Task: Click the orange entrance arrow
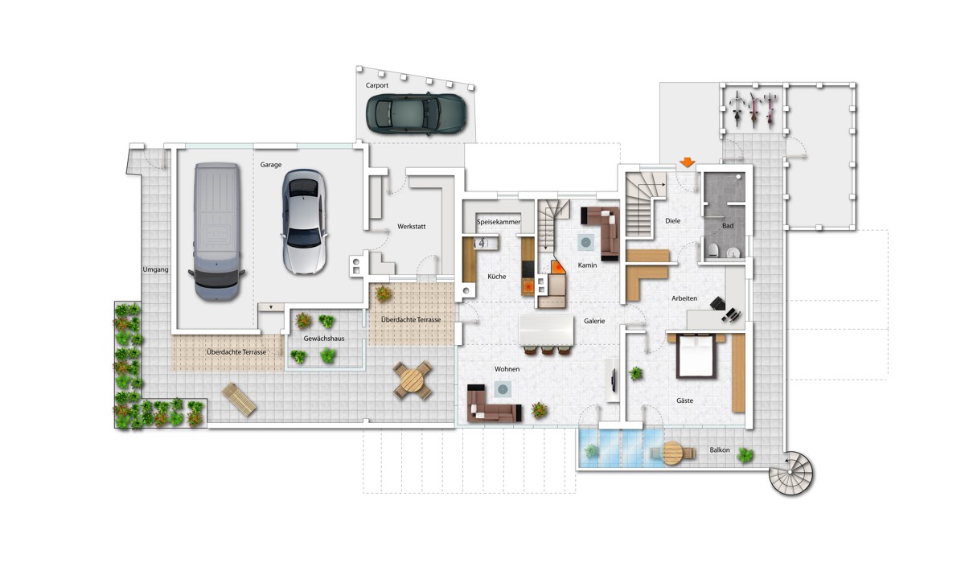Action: [687, 162]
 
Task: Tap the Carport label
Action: [377, 85]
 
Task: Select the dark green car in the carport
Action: [417, 113]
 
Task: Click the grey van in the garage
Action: [216, 232]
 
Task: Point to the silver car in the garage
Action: [304, 221]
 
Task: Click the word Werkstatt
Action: [412, 226]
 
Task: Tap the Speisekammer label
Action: [499, 222]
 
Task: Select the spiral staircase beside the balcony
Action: [791, 473]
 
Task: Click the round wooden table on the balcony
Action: [672, 454]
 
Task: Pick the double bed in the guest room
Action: [696, 356]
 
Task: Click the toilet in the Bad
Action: [713, 250]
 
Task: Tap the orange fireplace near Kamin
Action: [557, 267]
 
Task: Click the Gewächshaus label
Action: [324, 339]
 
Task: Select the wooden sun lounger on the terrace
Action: [239, 400]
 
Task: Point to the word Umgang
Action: [155, 269]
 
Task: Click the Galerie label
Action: [594, 321]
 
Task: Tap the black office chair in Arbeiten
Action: [717, 303]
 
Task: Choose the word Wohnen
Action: [507, 369]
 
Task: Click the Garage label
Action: [270, 165]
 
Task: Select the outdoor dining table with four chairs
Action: [413, 380]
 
